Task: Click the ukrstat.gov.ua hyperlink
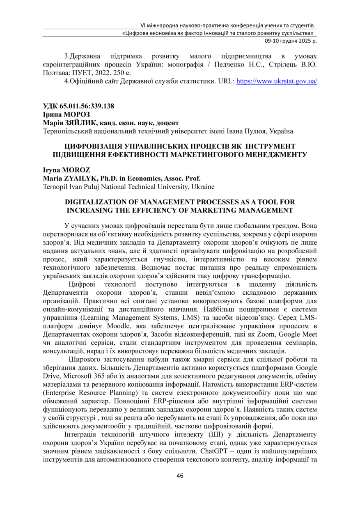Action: [277, 81]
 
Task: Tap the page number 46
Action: [180, 476]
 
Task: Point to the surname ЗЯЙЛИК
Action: [79, 122]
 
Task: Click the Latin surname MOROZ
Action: [76, 170]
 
